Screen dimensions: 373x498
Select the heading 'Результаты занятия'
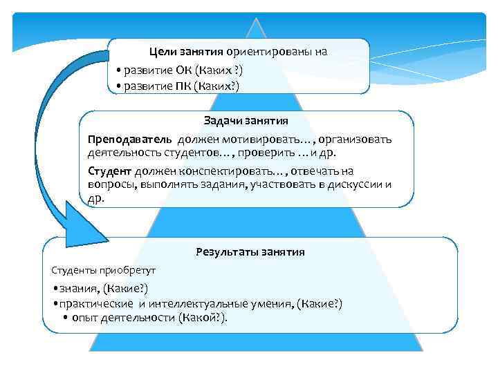click(250, 252)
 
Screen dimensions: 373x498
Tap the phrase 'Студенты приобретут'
click(104, 269)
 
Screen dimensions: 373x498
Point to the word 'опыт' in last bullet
click(85, 318)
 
